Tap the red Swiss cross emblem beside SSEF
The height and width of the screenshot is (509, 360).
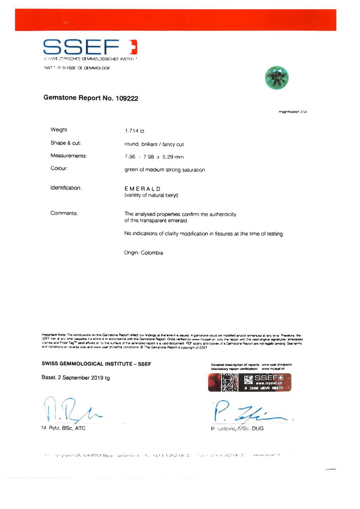pos(133,47)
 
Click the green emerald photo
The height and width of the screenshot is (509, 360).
pos(277,77)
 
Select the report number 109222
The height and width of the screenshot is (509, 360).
pos(126,99)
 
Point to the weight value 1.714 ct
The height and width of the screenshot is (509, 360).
pos(135,131)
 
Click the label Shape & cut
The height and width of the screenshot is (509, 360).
pos(66,143)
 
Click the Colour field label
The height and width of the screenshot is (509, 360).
pos(59,168)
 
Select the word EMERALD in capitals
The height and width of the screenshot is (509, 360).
pos(142,189)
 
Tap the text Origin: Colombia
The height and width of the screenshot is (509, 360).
pos(144,253)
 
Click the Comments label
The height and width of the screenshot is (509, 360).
pos(64,213)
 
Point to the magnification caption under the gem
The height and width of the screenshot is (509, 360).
pos(293,112)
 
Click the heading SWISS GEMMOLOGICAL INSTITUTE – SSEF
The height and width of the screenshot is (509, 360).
pos(96,364)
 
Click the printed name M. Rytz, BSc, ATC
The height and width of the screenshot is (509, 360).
pos(63,428)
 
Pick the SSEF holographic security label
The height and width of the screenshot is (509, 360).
pos(249,383)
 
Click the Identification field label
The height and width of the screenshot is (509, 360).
pos(66,188)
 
